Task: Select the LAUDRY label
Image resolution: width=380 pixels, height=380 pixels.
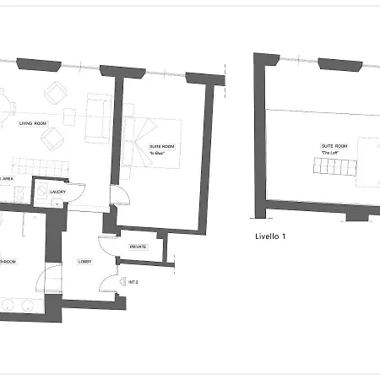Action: point(58,191)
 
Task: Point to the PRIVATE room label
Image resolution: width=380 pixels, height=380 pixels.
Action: point(138,247)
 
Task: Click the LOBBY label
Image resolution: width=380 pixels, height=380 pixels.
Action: point(84,262)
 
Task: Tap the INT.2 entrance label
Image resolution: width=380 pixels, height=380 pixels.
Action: point(133,281)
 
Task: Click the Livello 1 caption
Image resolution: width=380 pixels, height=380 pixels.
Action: point(271,236)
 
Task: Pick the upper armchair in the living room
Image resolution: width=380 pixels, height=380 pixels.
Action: point(55,92)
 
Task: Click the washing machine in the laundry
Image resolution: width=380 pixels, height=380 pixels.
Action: point(41,193)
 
